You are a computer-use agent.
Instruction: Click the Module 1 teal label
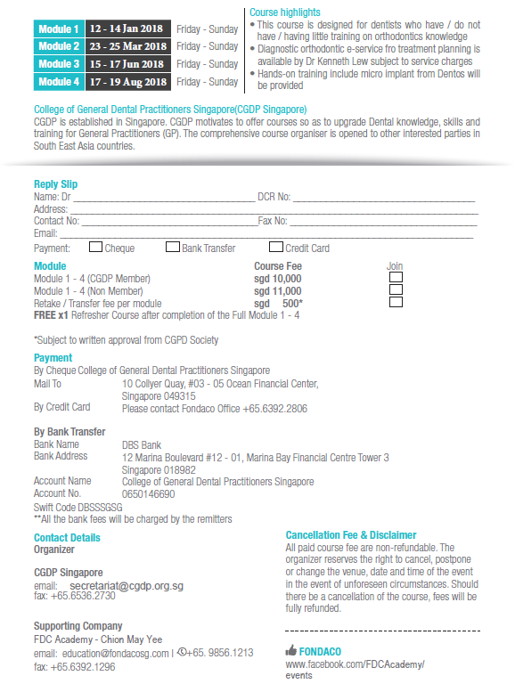point(59,28)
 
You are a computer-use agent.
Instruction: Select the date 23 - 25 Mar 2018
point(128,46)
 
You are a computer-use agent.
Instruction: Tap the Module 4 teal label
point(59,82)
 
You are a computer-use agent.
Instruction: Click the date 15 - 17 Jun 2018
point(128,64)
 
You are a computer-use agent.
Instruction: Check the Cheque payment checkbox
point(95,248)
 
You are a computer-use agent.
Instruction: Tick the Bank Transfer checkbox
point(173,248)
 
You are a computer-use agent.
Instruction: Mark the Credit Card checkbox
point(276,248)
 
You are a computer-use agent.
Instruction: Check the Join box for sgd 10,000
point(396,278)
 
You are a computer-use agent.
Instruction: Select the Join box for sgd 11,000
point(396,290)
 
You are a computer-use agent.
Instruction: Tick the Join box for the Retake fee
point(396,303)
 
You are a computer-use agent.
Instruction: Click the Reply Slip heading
point(55,184)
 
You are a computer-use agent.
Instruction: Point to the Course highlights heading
point(285,12)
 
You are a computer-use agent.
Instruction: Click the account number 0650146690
point(148,493)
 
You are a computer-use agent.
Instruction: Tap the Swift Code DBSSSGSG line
point(78,507)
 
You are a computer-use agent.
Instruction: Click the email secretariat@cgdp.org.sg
point(127,585)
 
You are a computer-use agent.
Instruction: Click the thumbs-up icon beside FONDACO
point(290,651)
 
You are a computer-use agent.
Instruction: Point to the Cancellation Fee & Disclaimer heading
point(351,535)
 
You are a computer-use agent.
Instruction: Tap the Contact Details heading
point(67,538)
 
